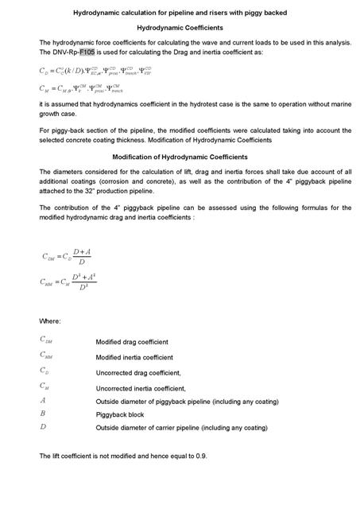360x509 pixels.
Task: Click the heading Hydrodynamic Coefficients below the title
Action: tap(180, 27)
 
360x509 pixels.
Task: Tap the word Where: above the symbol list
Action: tap(50, 321)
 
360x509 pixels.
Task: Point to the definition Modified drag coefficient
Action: tap(132, 342)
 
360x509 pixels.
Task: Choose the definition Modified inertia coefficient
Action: tap(134, 357)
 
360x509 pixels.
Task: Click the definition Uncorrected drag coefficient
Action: tap(138, 372)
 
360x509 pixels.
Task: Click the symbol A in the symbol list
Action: tap(43, 401)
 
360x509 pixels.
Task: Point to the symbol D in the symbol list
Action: tap(43, 427)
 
